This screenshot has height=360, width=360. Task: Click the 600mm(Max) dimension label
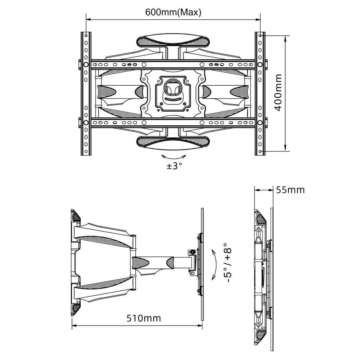point(173,12)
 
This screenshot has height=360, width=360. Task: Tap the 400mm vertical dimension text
point(278,92)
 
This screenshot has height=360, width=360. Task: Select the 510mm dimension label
point(144,318)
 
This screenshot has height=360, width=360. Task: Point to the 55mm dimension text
point(290,190)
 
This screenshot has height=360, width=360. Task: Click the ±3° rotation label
point(174,166)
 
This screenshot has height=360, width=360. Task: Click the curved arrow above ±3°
point(174,158)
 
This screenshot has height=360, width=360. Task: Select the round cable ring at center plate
point(173,87)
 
